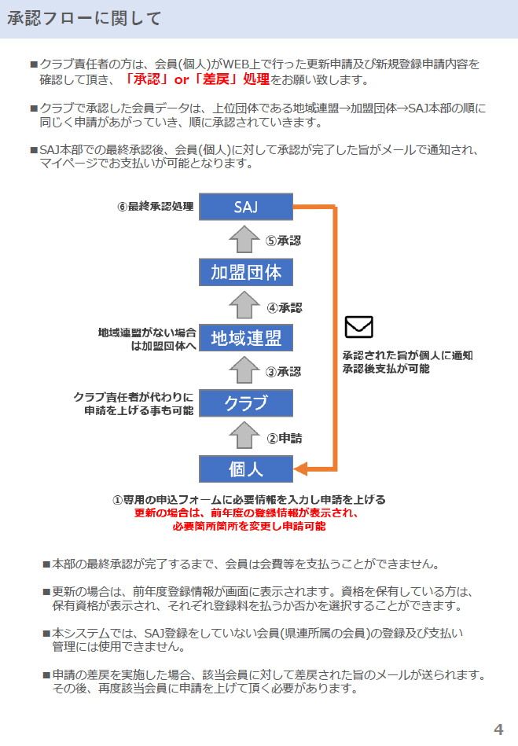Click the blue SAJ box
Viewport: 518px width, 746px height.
(245, 208)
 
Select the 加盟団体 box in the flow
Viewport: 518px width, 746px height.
(245, 272)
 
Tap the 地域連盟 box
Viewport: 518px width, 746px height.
(245, 338)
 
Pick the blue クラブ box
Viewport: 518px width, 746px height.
(245, 403)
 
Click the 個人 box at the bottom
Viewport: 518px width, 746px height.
(245, 469)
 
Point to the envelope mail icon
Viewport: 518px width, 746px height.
(359, 326)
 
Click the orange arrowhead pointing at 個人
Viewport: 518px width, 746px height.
(300, 470)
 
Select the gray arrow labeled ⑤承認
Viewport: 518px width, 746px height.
(246, 240)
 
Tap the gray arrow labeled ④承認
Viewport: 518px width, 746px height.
(246, 305)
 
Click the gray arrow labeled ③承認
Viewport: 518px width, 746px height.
(246, 370)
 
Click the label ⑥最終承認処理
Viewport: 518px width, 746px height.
(155, 208)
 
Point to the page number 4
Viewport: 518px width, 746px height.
(498, 729)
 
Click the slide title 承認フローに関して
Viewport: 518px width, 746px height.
(84, 19)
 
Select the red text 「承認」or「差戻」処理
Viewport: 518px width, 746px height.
(197, 79)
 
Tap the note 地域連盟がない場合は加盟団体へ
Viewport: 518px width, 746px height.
(147, 339)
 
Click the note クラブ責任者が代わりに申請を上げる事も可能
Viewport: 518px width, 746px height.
(134, 403)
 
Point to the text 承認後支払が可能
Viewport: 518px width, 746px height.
(385, 368)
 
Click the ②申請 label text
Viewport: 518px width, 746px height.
(285, 438)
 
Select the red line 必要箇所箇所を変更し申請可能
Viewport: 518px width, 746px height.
(248, 526)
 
